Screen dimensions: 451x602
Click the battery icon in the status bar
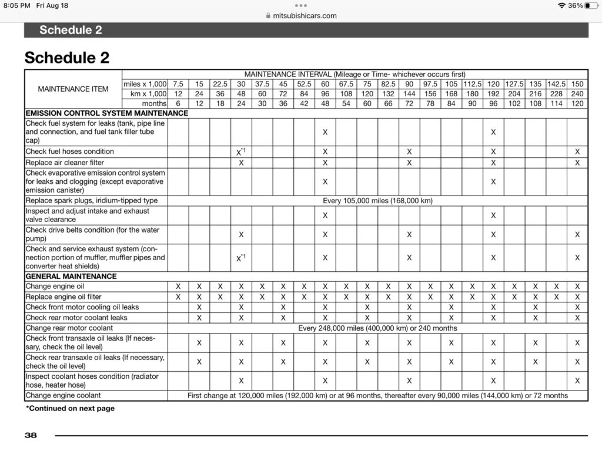coord(591,5)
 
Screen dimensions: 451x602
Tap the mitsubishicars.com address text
coord(305,16)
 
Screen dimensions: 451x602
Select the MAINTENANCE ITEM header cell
coord(73,89)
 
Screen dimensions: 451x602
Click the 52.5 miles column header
coord(304,84)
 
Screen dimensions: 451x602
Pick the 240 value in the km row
coord(577,94)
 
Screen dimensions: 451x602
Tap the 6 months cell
coord(178,103)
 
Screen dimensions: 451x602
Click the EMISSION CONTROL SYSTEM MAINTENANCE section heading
coord(107,113)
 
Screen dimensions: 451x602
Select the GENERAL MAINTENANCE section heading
coord(71,276)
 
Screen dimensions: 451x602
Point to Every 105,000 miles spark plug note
coord(377,201)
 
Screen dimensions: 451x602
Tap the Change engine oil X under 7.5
coord(178,287)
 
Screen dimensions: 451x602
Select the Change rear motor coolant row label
coord(69,328)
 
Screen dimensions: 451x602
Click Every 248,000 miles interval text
coord(377,328)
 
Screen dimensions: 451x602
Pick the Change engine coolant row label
coord(63,396)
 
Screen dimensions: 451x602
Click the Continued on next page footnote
coord(70,408)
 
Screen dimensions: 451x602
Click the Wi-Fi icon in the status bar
coord(561,5)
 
